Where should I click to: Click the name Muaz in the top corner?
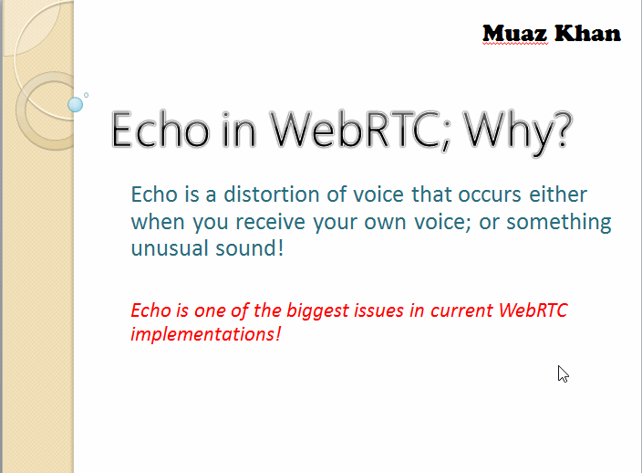click(x=514, y=33)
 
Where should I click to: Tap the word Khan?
click(x=587, y=33)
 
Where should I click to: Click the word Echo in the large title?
click(x=160, y=130)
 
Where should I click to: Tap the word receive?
click(x=270, y=222)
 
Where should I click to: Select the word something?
click(x=558, y=224)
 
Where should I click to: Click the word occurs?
click(x=490, y=194)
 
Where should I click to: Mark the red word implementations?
click(x=205, y=334)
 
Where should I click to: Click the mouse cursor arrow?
click(x=563, y=373)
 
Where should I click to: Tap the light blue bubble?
click(x=76, y=104)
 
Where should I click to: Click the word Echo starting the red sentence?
click(x=150, y=310)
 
